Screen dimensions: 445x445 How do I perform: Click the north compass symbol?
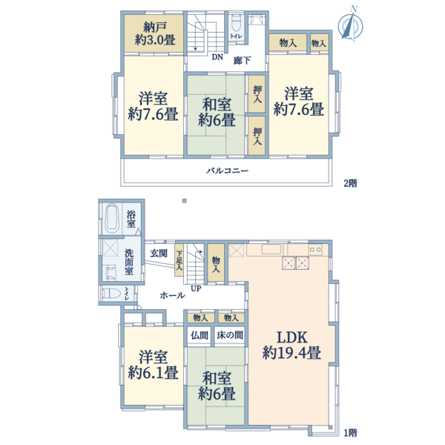point(347,24)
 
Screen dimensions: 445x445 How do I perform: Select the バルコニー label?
point(227,171)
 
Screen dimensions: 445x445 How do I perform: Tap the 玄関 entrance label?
point(158,253)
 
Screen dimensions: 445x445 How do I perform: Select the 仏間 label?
point(199,335)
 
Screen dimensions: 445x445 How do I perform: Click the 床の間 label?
point(229,335)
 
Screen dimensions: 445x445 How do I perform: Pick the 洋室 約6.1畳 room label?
point(152,363)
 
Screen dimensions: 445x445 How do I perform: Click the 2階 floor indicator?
point(348,182)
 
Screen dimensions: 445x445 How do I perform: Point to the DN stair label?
point(217,57)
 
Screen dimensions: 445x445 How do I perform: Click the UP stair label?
point(196,289)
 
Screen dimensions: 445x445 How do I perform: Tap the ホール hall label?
point(172,295)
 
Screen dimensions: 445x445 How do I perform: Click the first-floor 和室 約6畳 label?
point(217,384)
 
